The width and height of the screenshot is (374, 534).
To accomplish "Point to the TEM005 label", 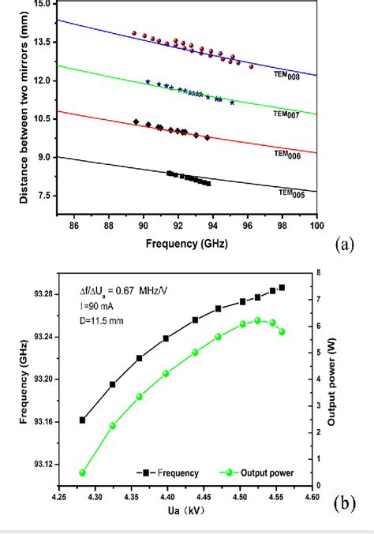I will [x=291, y=192].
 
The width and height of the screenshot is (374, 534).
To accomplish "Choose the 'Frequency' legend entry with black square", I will [x=166, y=473].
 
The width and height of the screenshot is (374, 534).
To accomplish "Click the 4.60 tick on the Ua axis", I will [x=312, y=499].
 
